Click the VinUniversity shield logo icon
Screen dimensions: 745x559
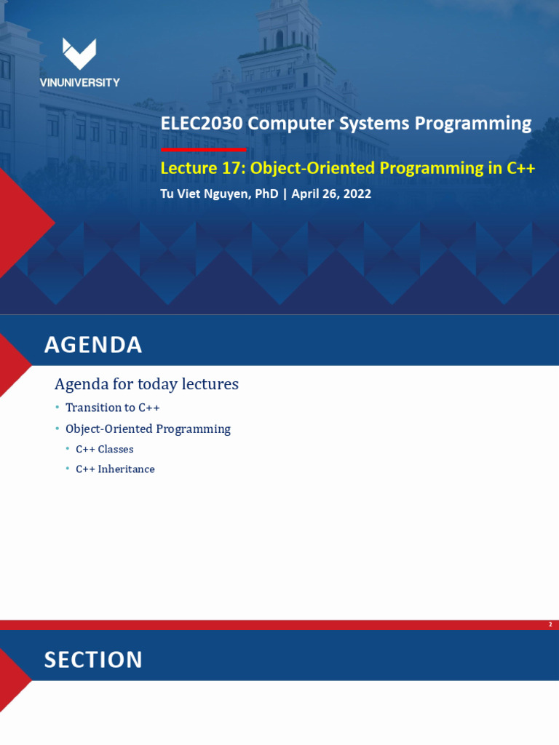[79, 53]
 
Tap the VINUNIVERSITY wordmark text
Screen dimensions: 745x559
[79, 83]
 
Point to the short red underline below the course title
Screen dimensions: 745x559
[203, 149]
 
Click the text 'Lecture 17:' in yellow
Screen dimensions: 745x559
[202, 168]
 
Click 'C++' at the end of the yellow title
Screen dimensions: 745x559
[521, 168]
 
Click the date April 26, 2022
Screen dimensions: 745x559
[331, 194]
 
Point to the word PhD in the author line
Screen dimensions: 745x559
[267, 194]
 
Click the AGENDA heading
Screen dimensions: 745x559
[93, 345]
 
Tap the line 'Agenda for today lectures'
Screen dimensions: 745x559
[146, 384]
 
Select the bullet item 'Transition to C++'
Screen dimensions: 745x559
[112, 407]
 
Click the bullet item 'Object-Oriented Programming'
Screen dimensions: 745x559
[148, 429]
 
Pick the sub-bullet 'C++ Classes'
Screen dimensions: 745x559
[105, 450]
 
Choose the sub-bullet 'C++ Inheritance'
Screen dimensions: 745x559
[115, 469]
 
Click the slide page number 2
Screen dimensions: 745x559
[550, 625]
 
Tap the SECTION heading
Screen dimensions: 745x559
[93, 660]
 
